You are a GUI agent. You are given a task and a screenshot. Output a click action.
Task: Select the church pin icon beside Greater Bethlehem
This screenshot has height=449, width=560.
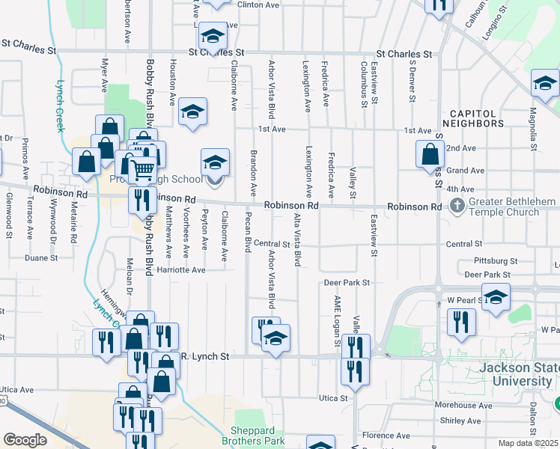(x=455, y=204)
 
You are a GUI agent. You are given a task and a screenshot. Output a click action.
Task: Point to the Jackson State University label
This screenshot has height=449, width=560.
(x=517, y=374)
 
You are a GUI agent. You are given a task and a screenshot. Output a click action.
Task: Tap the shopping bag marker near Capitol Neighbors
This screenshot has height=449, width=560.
(x=431, y=155)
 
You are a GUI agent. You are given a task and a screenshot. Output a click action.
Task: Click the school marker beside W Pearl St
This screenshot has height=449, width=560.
(x=496, y=298)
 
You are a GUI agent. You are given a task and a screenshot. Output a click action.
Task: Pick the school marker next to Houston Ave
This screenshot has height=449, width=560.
(x=193, y=112)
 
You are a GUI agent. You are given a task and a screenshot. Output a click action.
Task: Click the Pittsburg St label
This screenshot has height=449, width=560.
(x=496, y=261)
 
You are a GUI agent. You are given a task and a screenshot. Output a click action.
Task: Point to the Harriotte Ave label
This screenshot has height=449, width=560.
(x=177, y=270)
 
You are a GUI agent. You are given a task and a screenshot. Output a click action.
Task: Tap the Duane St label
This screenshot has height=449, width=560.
(x=41, y=257)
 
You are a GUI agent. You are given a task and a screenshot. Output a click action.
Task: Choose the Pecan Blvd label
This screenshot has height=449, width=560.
(x=247, y=234)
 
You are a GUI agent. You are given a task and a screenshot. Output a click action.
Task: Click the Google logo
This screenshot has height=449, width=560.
(x=25, y=440)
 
